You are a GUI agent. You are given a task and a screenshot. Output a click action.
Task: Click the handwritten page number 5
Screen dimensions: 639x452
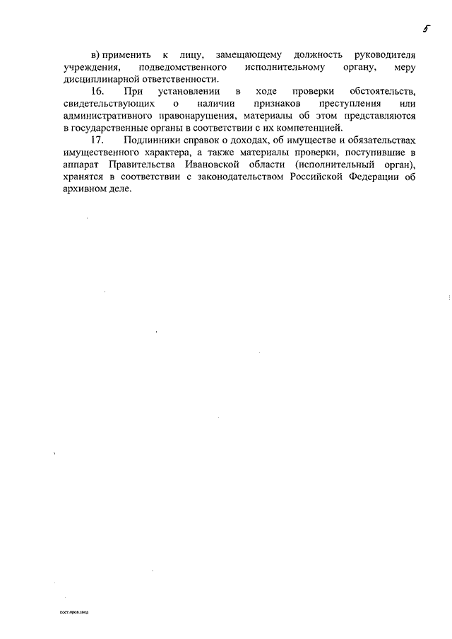click(426, 29)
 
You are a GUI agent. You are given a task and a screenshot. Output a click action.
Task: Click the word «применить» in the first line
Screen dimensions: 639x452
click(124, 54)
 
